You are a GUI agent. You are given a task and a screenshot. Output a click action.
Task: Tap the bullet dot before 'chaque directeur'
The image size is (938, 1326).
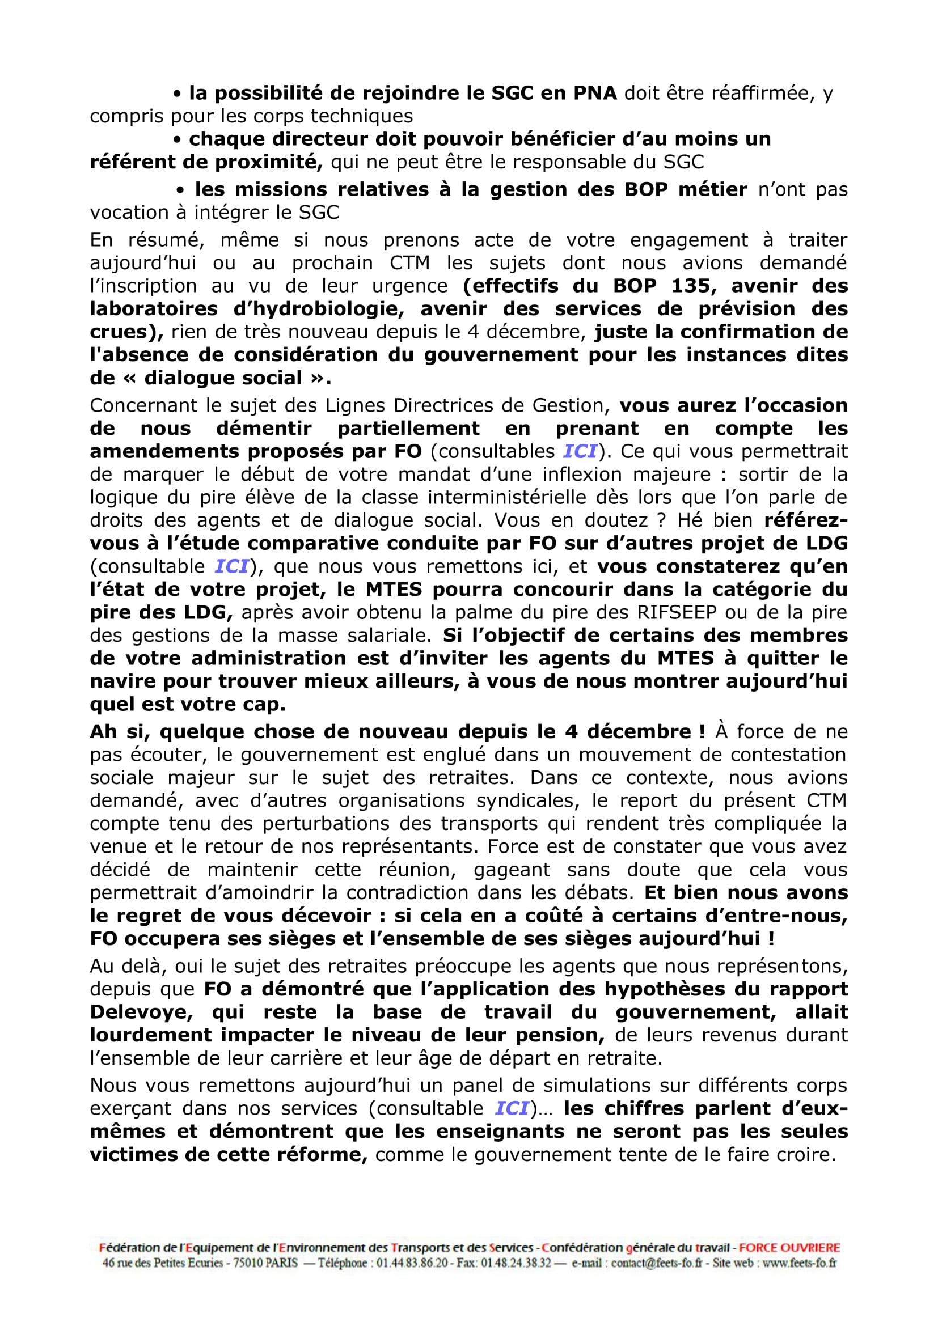pyautogui.click(x=178, y=140)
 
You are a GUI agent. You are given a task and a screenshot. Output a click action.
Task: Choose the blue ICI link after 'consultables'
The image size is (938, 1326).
pyautogui.click(x=580, y=451)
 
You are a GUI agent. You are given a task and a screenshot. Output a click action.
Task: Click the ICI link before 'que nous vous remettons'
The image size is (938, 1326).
pyautogui.click(x=231, y=566)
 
